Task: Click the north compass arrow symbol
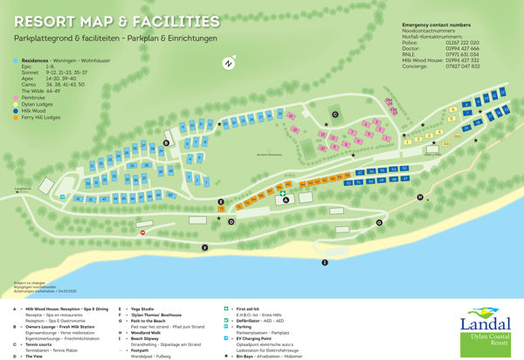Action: [228, 63]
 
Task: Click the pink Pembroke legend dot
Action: [17, 95]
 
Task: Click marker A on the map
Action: [285, 199]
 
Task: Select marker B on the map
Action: [166, 142]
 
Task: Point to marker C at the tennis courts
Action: [334, 114]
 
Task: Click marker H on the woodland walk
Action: [419, 197]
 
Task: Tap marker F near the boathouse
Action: [204, 248]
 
